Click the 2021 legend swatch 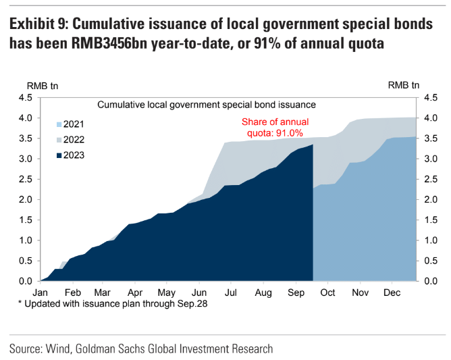(59, 124)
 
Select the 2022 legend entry (74, 140)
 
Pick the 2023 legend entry (74, 155)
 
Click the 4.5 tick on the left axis (26, 98)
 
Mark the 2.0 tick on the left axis (26, 200)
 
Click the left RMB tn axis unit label (43, 85)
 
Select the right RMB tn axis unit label (404, 85)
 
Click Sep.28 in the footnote (192, 305)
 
